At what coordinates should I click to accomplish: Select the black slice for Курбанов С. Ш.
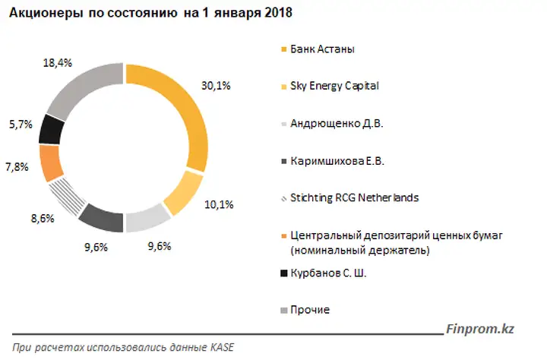click(53, 128)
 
